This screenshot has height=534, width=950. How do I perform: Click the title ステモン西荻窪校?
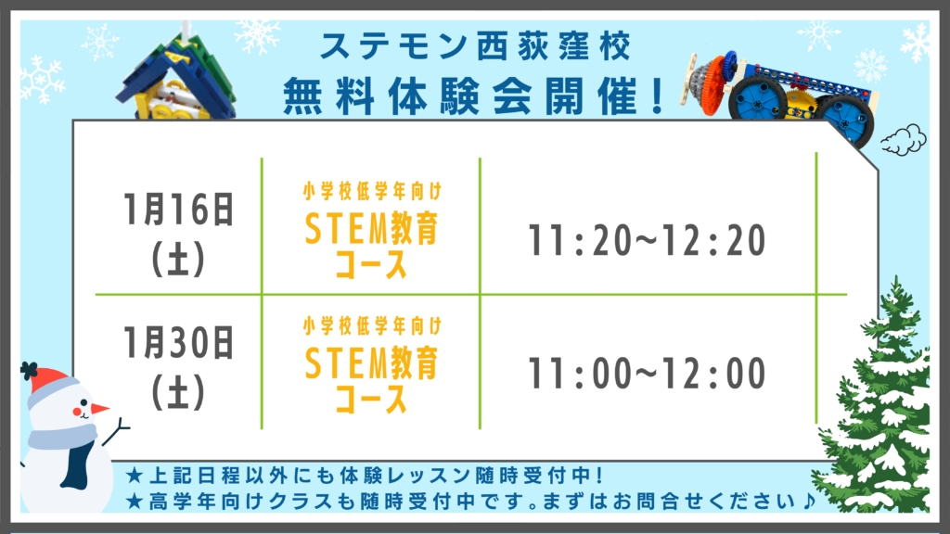pyautogui.click(x=476, y=46)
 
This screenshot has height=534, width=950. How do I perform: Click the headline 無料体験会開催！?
pyautogui.click(x=475, y=96)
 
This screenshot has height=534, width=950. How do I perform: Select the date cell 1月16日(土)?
pyautogui.click(x=178, y=235)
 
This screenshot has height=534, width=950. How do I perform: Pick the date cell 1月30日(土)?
pyautogui.click(x=178, y=367)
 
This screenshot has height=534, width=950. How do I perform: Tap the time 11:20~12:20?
pyautogui.click(x=647, y=240)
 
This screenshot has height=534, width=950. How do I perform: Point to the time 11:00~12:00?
pyautogui.click(x=647, y=373)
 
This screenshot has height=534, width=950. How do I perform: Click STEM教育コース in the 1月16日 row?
pyautogui.click(x=371, y=245)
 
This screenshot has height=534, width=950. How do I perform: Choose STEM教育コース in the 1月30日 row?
pyautogui.click(x=371, y=379)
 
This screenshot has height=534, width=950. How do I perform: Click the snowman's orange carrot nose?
pyautogui.click(x=98, y=409)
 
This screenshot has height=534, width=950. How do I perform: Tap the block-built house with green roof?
pyautogui.click(x=175, y=76)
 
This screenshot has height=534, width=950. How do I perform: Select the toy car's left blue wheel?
pyautogui.click(x=757, y=98)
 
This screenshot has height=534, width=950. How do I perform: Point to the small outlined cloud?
pyautogui.click(x=904, y=141)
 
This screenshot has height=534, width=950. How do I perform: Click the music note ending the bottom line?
pyautogui.click(x=808, y=501)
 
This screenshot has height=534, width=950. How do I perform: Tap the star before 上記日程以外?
pyautogui.click(x=135, y=476)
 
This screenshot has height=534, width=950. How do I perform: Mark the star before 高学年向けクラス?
pyautogui.click(x=135, y=501)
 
